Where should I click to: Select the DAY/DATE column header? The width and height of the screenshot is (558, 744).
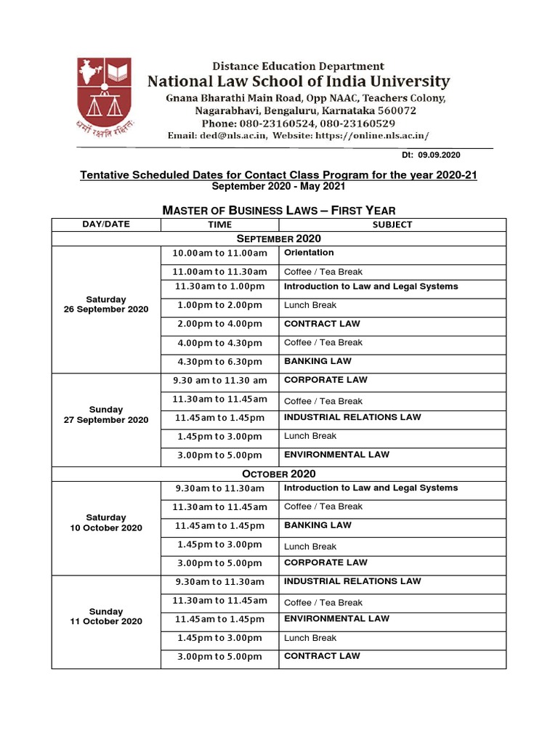(106, 225)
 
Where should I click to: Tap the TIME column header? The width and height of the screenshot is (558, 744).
(219, 225)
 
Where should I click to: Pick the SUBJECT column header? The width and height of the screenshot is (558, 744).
(392, 225)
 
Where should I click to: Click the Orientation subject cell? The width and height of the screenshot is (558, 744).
(309, 253)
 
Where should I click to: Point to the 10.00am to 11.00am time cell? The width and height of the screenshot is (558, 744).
(219, 254)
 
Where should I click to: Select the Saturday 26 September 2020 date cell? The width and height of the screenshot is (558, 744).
(106, 304)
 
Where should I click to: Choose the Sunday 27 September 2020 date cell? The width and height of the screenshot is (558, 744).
(106, 415)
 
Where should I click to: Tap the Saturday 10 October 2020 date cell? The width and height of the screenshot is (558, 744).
(106, 523)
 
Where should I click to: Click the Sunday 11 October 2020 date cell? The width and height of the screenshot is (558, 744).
(106, 617)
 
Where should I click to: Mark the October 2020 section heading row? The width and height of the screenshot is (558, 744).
(278, 474)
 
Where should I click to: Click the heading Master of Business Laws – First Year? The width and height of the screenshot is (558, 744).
(278, 211)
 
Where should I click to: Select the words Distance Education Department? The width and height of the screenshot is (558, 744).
(298, 67)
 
